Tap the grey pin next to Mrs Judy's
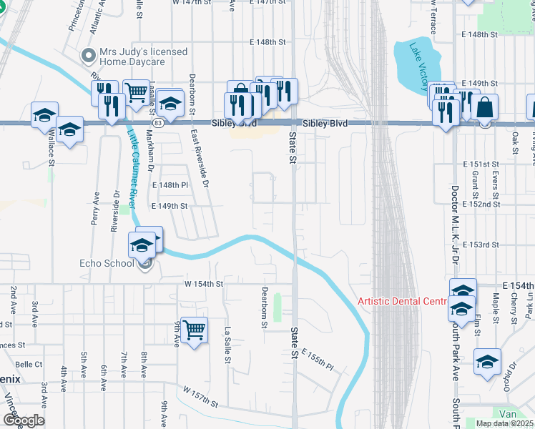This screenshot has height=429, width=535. [x=89, y=55]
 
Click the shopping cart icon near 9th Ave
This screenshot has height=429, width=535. [x=194, y=330]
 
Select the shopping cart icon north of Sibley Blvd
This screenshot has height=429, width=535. [x=136, y=92]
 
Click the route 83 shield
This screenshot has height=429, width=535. [x=157, y=123]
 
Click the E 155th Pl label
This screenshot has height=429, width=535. [x=318, y=360]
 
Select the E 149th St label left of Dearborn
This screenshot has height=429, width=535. [x=169, y=206]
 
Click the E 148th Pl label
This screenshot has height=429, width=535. [x=170, y=185]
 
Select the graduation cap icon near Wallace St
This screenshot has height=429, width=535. [x=44, y=114]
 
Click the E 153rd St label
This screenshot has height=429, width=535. [x=481, y=245]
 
